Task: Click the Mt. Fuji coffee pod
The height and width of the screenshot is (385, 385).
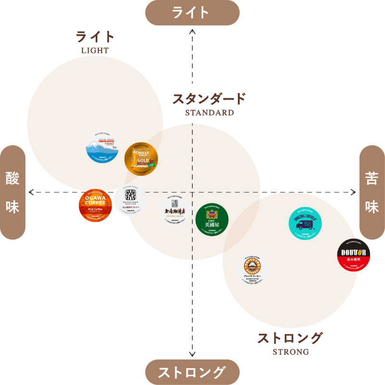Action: [102, 146]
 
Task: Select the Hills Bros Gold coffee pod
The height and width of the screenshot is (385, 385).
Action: [141, 158]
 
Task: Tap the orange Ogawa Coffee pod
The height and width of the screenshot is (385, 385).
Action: [95, 205]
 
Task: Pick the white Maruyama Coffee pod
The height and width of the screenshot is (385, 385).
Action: [130, 201]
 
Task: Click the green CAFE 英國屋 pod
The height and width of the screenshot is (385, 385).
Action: [212, 220]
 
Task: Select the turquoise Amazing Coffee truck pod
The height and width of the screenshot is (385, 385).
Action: [305, 223]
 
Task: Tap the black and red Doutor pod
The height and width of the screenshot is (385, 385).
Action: [354, 255]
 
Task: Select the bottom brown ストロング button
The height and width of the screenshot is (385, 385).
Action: [192, 372]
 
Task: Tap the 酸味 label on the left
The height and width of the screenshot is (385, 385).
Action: [13, 192]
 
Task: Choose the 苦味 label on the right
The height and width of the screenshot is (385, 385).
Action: [372, 192]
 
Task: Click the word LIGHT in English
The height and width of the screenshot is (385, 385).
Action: [95, 50]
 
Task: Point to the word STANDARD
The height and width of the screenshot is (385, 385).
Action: [209, 113]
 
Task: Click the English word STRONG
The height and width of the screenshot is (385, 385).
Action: [290, 352]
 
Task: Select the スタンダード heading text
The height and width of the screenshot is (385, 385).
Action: [209, 99]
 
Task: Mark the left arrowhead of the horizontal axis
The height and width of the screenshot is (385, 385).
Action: [31, 192]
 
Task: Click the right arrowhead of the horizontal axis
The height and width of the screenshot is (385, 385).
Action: [354, 192]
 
